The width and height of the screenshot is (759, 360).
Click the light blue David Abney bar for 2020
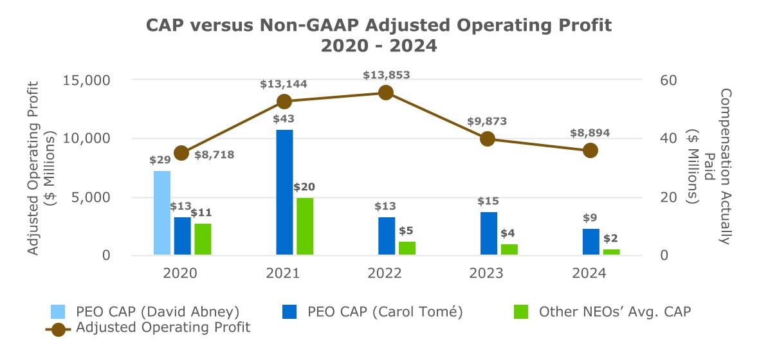[x=162, y=213]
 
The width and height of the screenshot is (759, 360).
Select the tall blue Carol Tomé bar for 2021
[x=284, y=192]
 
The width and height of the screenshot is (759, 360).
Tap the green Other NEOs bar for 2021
[x=305, y=226]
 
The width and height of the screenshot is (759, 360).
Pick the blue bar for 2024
[x=591, y=242]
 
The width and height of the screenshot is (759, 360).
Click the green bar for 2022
[x=407, y=248]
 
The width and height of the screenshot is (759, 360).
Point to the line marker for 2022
[x=386, y=93]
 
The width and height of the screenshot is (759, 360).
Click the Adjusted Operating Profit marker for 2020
[x=181, y=152]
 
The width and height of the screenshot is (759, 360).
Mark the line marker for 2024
[x=590, y=150]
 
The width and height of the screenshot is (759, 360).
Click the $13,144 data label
[x=284, y=84]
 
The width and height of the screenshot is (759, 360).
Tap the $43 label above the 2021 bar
[x=284, y=119]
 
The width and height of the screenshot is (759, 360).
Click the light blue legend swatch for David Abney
[x=59, y=312]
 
